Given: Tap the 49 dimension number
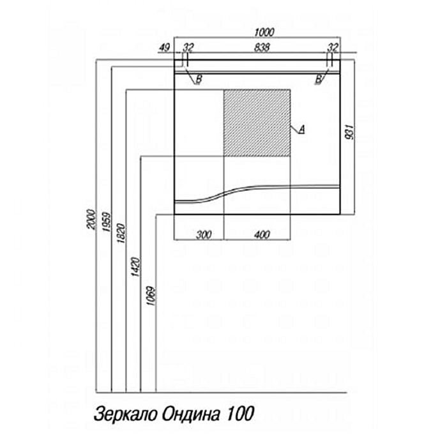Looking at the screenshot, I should [x=164, y=47].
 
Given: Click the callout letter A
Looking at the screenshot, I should [x=302, y=130].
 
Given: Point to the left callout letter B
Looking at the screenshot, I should [x=199, y=79].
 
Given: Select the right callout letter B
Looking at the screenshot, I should [x=317, y=79].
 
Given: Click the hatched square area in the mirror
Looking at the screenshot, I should [x=257, y=123].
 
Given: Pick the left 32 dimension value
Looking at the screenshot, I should [x=188, y=47].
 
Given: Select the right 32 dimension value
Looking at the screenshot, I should [x=332, y=47].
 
